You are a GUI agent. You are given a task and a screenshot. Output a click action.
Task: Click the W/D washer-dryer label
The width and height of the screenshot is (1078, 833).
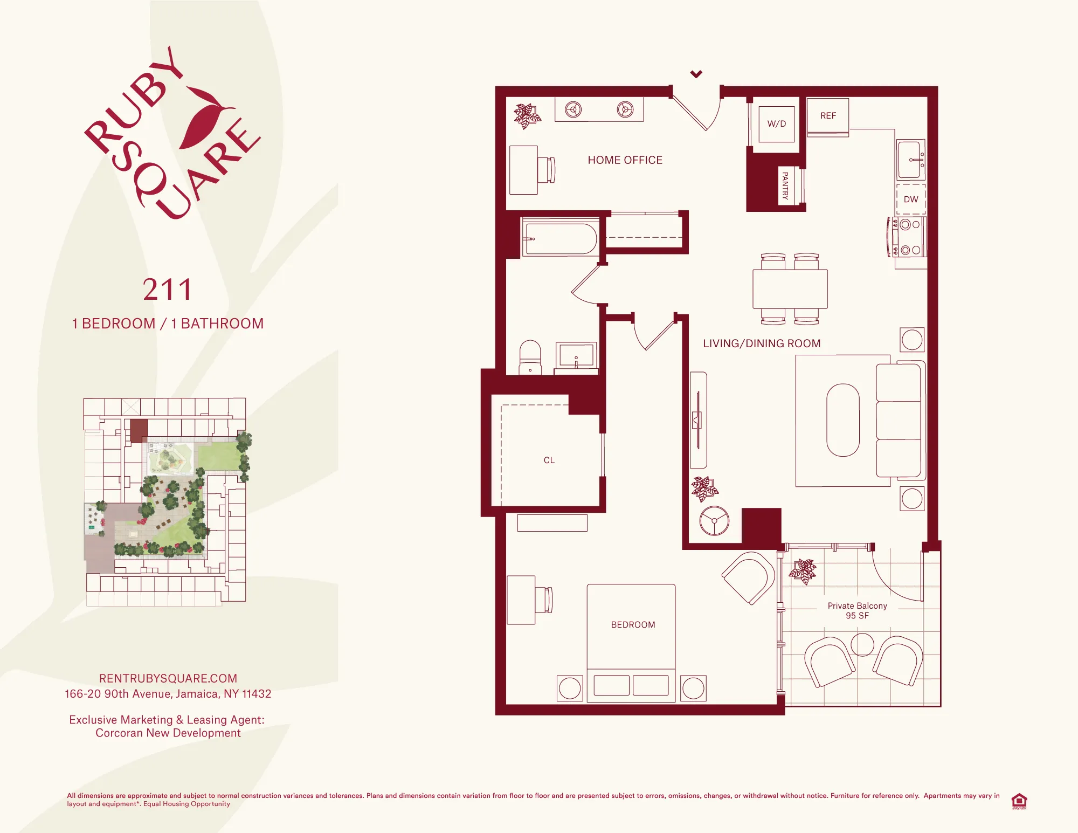[776, 123]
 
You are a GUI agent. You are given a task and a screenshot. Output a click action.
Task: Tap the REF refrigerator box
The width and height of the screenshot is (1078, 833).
[828, 116]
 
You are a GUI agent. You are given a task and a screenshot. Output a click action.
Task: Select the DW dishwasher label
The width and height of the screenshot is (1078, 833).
[911, 199]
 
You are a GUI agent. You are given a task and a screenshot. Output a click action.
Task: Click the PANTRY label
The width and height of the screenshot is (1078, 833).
[785, 185]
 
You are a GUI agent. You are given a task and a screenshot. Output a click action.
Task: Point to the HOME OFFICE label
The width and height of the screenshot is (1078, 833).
[625, 160]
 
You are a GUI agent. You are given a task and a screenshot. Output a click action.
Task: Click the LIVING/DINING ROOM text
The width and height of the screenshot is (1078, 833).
[761, 343]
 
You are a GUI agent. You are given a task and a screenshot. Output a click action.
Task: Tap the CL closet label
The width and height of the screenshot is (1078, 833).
[549, 460]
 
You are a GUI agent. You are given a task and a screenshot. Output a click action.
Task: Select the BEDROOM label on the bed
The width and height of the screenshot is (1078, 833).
[633, 624]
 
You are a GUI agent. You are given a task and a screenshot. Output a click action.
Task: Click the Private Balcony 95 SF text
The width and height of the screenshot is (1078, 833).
[857, 610]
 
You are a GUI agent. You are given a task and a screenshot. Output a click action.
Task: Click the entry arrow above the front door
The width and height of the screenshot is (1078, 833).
[696, 74]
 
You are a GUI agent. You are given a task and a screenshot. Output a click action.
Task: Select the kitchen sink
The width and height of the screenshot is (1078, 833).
[910, 160]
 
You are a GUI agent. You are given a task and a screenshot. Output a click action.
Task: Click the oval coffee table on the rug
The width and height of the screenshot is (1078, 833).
[842, 420]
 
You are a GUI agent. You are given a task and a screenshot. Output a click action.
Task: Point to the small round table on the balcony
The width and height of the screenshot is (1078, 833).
[862, 644]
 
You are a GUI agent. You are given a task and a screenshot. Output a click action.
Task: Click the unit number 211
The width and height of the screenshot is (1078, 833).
[168, 290]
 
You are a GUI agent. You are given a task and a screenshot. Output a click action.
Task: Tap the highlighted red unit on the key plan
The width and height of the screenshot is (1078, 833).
[139, 431]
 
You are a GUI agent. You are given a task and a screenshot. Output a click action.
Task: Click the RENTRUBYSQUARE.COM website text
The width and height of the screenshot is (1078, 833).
[168, 678]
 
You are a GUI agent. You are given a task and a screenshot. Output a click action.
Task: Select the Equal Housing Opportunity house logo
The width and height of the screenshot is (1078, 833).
[1019, 801]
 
